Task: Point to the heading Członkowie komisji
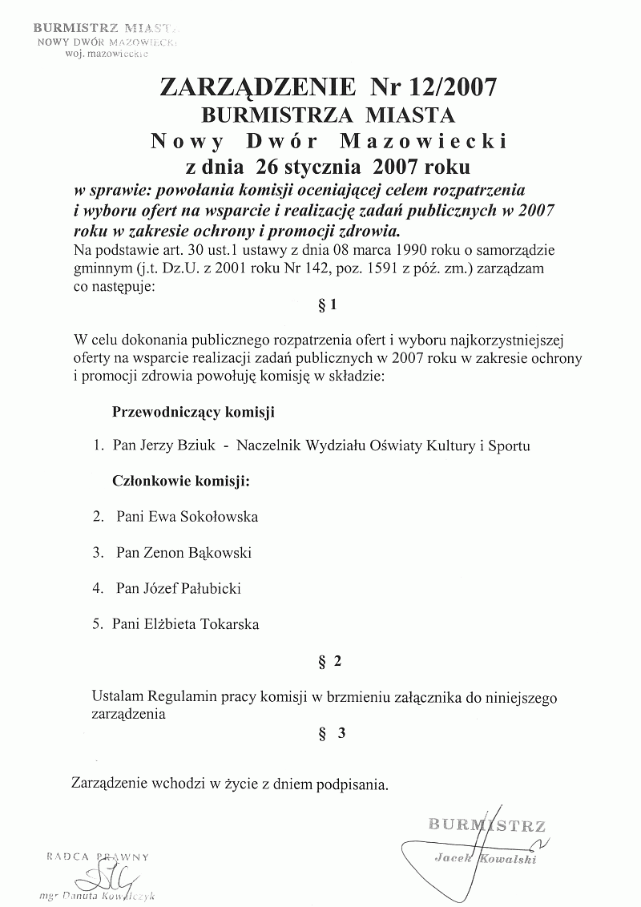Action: pyautogui.click(x=179, y=482)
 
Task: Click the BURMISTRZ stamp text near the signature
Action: pyautogui.click(x=487, y=824)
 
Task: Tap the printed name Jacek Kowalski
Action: pyautogui.click(x=484, y=858)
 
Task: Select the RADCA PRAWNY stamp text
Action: pyautogui.click(x=98, y=857)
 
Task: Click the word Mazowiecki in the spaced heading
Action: pyautogui.click(x=425, y=142)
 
